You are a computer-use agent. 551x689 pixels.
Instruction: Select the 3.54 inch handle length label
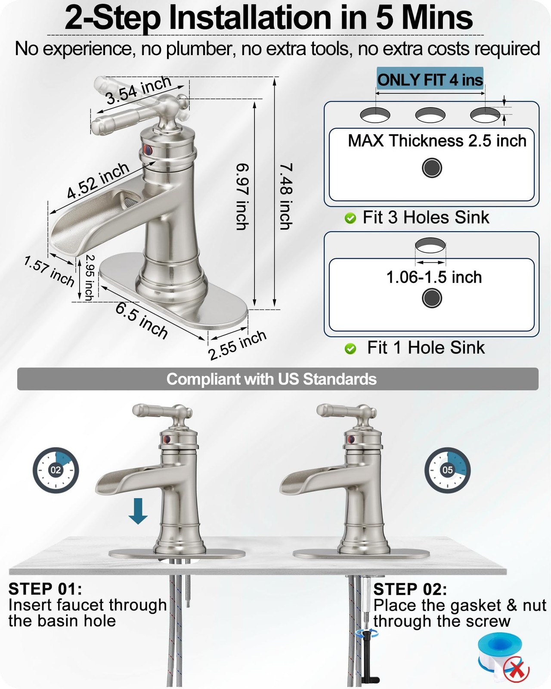[139, 90]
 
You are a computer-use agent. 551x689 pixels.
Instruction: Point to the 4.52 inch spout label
[98, 180]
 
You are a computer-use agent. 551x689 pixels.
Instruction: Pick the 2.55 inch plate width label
[237, 345]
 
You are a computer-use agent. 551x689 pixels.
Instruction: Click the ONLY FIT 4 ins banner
[430, 79]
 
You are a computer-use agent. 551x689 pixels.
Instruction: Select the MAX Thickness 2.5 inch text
[437, 141]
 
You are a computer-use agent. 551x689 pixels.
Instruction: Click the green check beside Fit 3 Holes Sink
[350, 218]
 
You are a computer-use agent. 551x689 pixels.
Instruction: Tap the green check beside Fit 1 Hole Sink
[350, 349]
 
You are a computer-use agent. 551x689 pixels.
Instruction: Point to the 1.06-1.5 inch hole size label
[434, 277]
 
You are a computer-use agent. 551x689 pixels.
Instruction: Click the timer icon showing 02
[56, 470]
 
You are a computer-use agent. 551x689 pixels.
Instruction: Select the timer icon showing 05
[448, 470]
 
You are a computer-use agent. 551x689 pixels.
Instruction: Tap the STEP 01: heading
[45, 589]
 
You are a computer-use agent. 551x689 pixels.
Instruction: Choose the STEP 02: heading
[410, 589]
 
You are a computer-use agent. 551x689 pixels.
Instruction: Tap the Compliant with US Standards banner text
[272, 379]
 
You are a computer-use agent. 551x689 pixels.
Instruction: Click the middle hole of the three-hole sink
[430, 115]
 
